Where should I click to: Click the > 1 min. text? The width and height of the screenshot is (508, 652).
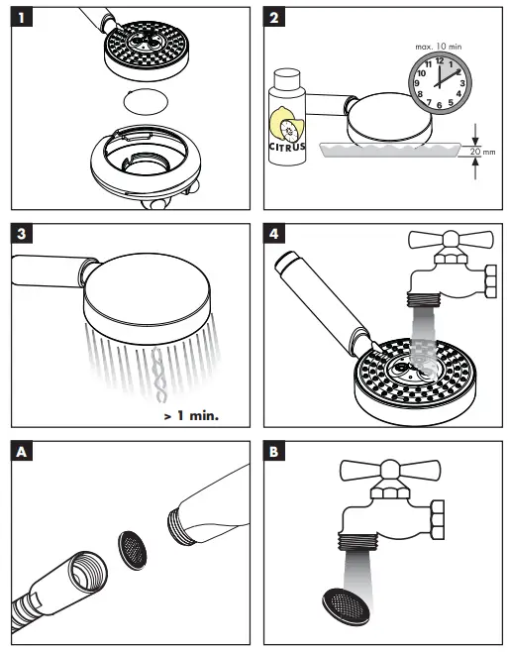click(190, 415)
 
